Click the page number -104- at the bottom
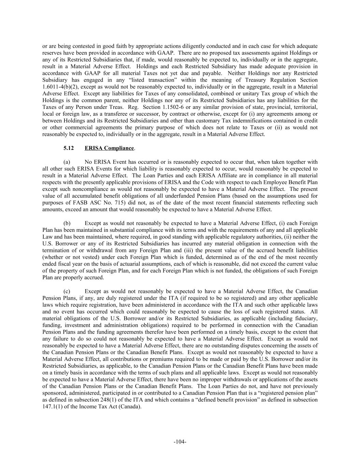[180, 442]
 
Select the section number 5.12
[69, 148]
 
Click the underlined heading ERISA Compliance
[109, 148]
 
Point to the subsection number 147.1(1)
[54, 407]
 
